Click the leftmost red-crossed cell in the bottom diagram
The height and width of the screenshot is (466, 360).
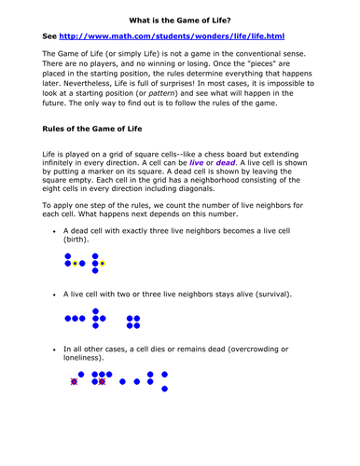point(73,380)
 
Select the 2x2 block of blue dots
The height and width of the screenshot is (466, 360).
point(132,321)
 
